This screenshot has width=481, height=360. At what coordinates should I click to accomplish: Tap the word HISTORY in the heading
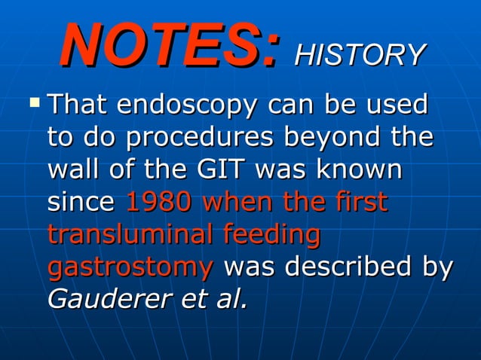tap(360, 54)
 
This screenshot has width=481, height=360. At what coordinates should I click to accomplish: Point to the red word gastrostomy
tap(130, 267)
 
